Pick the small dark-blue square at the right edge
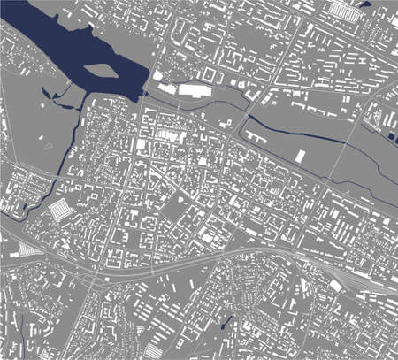click(x=390, y=136)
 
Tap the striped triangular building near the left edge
click(x=28, y=250)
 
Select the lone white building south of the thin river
click(x=300, y=156)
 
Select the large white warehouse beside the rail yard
click(x=341, y=286)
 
